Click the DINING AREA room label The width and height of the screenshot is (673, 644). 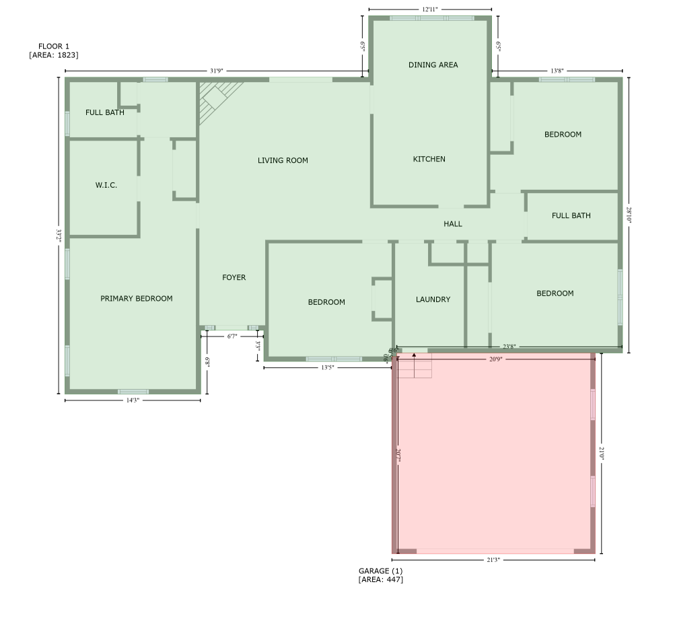point(433,65)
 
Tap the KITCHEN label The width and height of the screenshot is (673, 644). point(429,159)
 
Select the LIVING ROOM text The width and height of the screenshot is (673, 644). point(283,161)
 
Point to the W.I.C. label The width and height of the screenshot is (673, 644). point(106,185)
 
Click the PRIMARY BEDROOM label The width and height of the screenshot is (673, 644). point(136,299)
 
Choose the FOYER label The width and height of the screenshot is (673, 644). point(234,277)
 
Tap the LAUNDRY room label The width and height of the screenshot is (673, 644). point(433,299)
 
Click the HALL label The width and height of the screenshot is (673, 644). point(453,224)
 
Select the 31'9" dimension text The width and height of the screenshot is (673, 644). point(217,71)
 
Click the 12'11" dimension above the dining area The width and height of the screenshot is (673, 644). point(430,9)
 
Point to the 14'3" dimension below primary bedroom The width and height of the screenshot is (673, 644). point(133,401)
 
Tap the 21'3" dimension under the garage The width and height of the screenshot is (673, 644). point(493,560)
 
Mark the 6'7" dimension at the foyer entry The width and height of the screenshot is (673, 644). point(232,335)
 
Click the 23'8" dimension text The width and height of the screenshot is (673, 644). point(509,347)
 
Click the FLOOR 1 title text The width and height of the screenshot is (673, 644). point(54,46)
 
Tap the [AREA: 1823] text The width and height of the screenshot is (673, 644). point(54,55)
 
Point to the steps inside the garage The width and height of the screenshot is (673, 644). point(413,367)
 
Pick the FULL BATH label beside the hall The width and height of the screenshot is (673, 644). point(571,216)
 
